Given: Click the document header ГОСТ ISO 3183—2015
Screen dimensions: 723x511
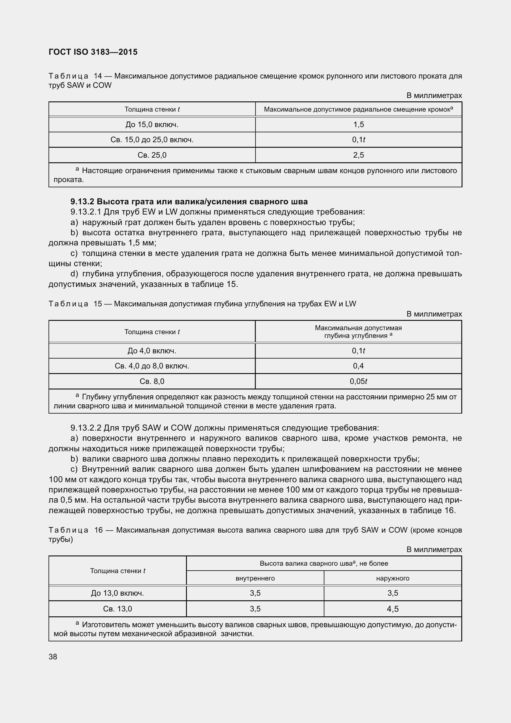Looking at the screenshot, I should (x=93, y=52).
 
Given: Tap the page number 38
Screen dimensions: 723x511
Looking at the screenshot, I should (x=53, y=657).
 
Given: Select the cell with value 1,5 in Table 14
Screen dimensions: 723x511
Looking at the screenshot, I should (x=358, y=124).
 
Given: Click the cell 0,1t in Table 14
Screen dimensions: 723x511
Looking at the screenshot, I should (x=358, y=139).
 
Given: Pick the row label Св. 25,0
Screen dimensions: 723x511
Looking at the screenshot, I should (x=152, y=155).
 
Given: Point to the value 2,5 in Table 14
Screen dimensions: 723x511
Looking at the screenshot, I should (x=358, y=155).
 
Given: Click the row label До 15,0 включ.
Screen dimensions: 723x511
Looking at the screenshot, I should (x=152, y=124).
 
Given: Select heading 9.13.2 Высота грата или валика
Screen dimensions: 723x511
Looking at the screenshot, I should (x=189, y=202).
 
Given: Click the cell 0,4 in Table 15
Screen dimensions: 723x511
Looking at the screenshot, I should (x=358, y=366).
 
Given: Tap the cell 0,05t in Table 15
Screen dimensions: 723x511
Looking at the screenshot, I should (x=358, y=381).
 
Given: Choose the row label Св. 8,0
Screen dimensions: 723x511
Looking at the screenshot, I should (x=152, y=381).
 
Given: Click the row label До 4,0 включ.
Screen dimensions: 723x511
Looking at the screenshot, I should (x=152, y=351).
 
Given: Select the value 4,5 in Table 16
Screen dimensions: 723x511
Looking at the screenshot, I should (x=392, y=609).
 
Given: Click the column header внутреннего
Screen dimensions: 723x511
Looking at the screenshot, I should (x=255, y=578).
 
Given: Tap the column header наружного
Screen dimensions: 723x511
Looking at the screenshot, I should (x=392, y=578).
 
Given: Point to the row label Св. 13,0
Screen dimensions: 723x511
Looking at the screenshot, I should (x=117, y=609).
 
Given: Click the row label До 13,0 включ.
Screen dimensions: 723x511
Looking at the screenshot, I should (x=117, y=593).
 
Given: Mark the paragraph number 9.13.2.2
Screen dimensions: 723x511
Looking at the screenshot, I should (x=86, y=428).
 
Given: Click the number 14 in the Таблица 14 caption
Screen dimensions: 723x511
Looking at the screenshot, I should (x=98, y=76).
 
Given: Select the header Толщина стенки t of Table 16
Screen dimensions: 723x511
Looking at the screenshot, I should (x=117, y=571).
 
